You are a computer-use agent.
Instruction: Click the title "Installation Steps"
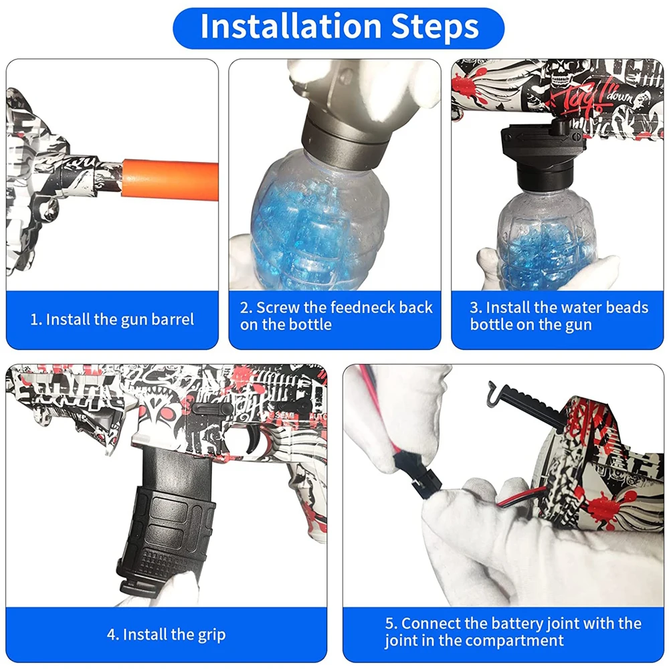point(339,27)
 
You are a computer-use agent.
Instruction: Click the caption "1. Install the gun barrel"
point(112,320)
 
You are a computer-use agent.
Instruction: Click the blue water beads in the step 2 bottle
point(306,230)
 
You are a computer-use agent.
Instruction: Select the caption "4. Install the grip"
point(167,634)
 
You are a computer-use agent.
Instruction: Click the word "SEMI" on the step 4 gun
point(283,415)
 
